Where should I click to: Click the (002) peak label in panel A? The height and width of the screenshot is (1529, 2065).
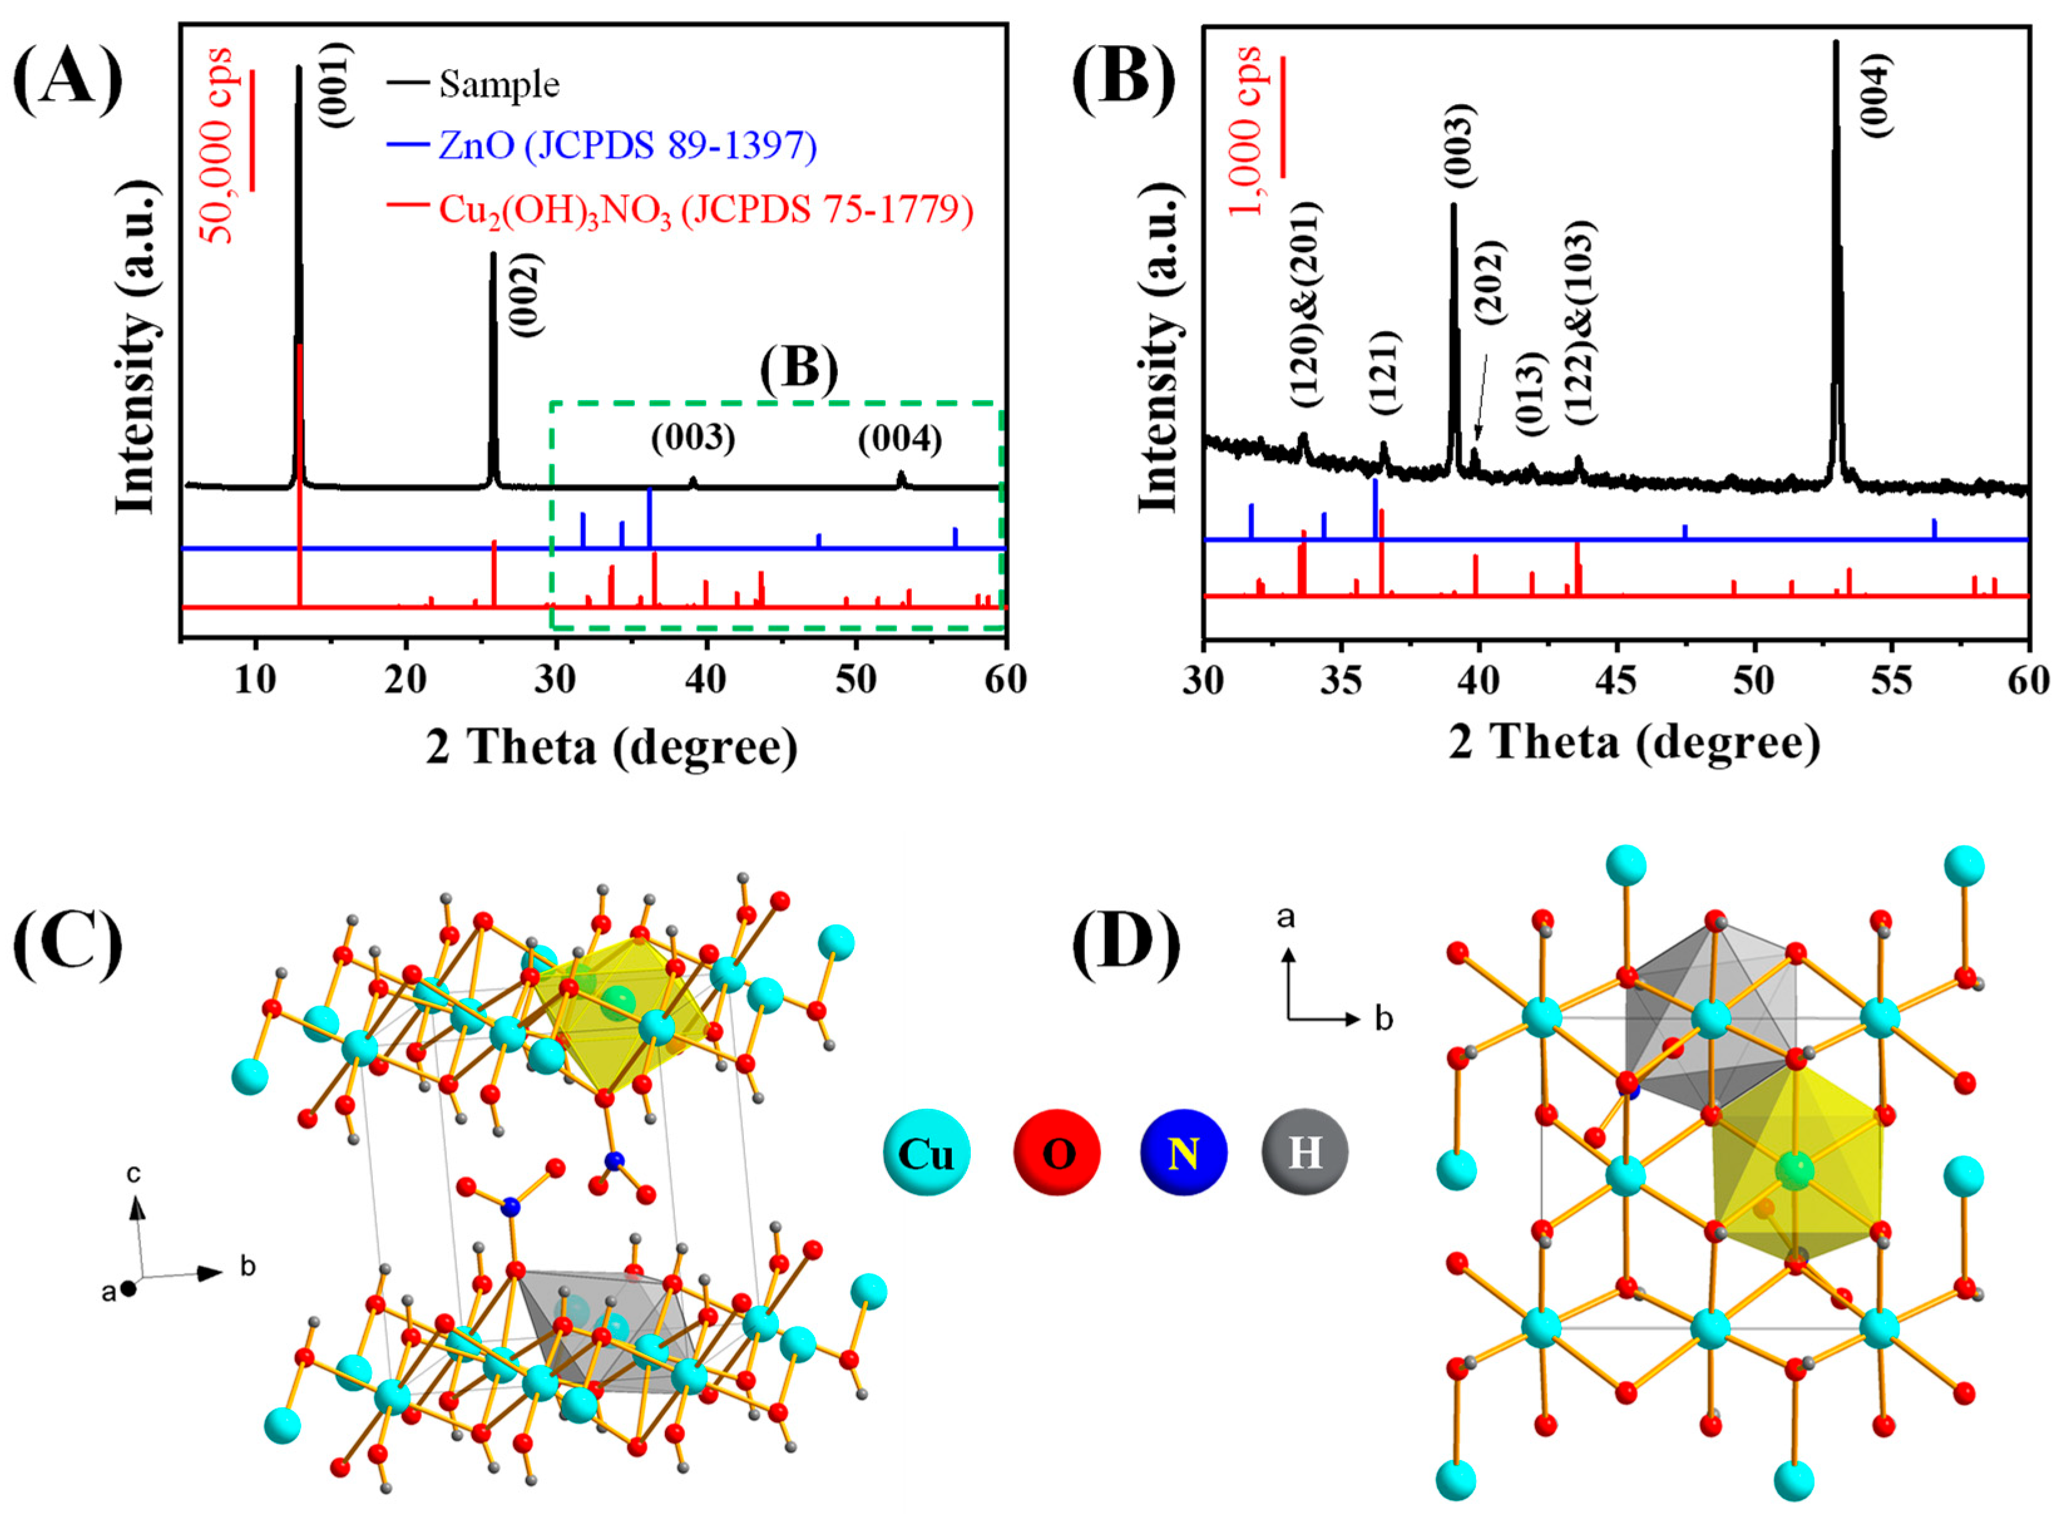(526, 294)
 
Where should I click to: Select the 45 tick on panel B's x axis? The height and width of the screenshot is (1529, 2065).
(1616, 682)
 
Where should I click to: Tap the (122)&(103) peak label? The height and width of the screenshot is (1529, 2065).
(1580, 322)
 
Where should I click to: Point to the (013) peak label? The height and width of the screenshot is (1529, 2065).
(1531, 393)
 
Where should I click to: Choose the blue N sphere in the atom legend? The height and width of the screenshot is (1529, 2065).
(1183, 1152)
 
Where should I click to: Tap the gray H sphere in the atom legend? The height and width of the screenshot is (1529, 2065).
(1305, 1152)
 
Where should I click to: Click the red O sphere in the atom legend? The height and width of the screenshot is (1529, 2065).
(1057, 1152)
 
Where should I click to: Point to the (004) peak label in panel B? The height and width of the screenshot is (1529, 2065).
(1877, 95)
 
